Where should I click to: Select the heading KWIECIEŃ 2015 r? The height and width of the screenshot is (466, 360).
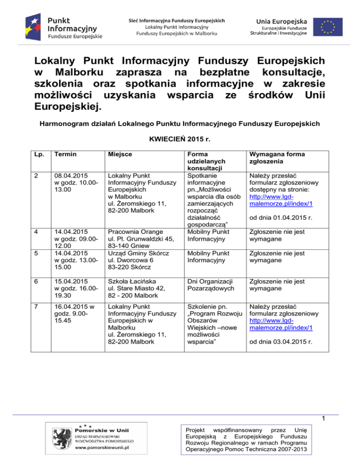click(180, 140)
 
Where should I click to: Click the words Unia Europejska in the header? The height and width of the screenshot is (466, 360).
click(282, 21)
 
